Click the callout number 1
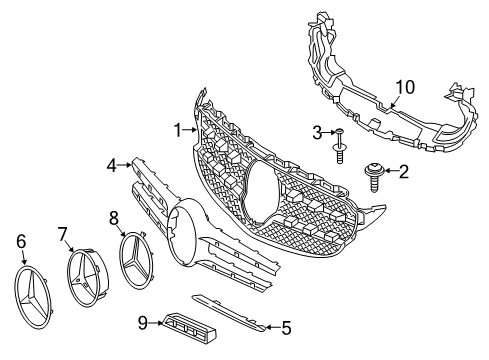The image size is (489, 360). point(177,130)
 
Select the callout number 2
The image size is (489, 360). point(403,173)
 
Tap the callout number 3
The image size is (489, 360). point(316,132)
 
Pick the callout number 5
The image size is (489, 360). point(285,326)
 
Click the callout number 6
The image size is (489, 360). point(21,240)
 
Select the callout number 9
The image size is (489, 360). point(143,323)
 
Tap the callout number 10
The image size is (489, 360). point(402,88)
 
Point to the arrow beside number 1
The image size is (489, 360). point(192,130)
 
